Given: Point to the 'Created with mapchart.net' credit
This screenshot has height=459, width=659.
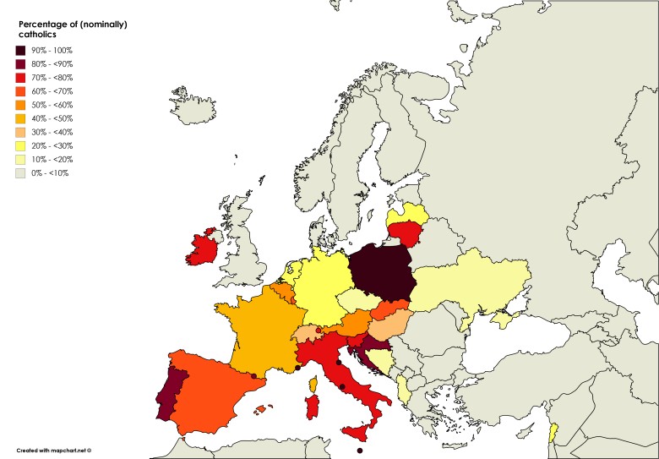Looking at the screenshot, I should [x=53, y=450].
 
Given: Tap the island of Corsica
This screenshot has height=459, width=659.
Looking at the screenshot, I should [x=313, y=385].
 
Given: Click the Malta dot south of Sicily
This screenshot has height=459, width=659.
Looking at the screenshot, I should [x=360, y=451].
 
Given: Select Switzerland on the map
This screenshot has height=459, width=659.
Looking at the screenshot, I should [x=302, y=333].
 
